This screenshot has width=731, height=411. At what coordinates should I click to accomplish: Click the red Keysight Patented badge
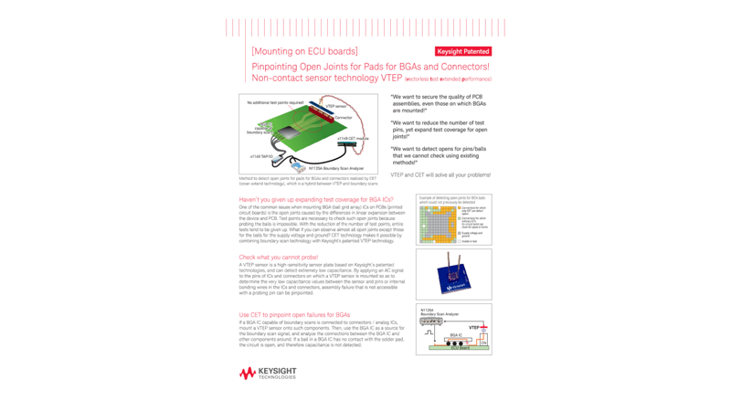(463, 52)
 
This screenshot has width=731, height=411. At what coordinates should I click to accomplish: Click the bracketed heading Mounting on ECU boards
(304, 51)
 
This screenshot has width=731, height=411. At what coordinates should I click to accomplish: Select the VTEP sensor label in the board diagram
(337, 106)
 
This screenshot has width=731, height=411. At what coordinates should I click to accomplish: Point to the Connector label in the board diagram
(343, 118)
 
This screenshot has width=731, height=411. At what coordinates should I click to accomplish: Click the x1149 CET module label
(353, 139)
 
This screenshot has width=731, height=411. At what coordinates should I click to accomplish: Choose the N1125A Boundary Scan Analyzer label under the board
(335, 168)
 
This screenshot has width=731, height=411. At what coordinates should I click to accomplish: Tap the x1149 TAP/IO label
(261, 156)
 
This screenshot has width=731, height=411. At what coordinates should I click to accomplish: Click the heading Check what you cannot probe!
(279, 258)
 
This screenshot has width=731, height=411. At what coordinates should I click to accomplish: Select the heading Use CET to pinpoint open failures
(294, 315)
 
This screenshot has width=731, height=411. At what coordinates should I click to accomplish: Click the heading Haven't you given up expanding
(316, 199)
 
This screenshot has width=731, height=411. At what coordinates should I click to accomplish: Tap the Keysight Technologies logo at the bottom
(268, 373)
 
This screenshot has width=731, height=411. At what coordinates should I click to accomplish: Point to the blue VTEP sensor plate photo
(453, 275)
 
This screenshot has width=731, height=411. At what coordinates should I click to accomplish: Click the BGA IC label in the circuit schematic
(455, 335)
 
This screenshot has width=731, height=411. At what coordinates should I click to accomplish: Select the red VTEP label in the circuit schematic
(473, 327)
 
